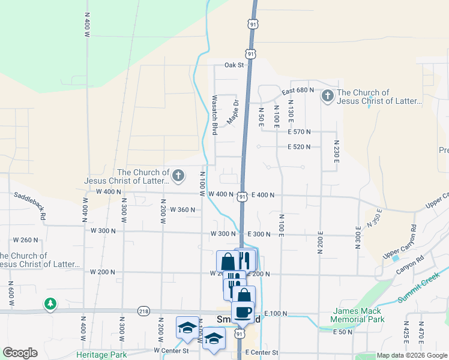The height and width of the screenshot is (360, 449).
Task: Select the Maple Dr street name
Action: [232, 113]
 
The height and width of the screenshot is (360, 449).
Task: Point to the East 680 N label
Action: [298, 90]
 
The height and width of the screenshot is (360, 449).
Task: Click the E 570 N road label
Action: [299, 131]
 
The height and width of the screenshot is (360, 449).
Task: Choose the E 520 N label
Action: [299, 146]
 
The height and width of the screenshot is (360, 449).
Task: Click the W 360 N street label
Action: [183, 209]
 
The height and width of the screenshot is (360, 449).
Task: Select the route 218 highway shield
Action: [143, 311]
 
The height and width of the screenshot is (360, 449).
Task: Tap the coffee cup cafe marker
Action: [243, 312]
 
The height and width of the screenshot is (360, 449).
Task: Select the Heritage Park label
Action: [101, 355]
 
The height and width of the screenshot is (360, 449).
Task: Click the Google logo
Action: [20, 353]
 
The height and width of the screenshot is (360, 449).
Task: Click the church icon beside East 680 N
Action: [327, 96]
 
